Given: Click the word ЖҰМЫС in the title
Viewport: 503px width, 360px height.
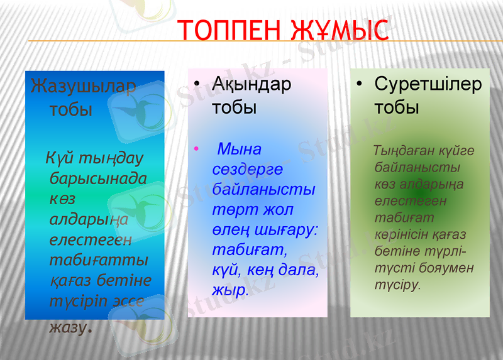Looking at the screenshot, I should (340, 30).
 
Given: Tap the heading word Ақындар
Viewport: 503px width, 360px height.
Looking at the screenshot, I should (251, 84).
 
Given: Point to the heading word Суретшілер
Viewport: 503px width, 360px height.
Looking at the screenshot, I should (428, 84).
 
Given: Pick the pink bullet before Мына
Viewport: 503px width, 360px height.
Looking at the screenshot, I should (197, 150).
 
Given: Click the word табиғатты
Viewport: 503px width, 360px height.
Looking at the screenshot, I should (99, 259).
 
